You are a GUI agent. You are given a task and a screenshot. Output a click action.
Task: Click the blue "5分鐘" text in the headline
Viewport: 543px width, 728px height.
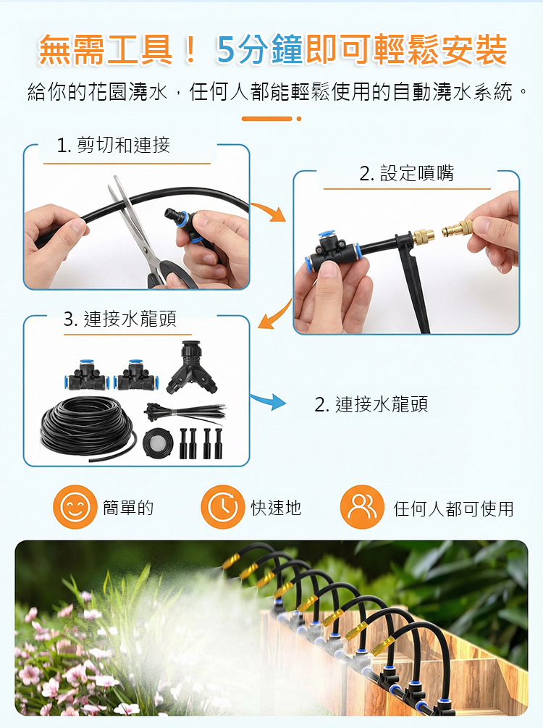point(259,49)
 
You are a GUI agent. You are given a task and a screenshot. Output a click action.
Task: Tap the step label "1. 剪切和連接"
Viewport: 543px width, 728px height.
point(113,146)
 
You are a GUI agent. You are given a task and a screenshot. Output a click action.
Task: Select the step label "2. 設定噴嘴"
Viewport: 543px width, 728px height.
point(407,173)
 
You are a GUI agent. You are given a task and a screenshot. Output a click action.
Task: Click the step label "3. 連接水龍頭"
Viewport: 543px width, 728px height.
point(119,319)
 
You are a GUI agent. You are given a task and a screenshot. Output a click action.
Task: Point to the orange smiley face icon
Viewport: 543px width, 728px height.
point(75,507)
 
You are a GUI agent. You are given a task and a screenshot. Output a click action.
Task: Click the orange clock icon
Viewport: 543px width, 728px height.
point(223,507)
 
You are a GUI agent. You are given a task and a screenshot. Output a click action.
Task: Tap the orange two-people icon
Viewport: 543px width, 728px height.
point(362,507)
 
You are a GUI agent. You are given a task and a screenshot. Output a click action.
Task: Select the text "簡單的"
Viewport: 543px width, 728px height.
point(128,508)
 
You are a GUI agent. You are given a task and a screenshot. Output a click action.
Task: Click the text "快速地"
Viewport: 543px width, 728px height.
point(276,508)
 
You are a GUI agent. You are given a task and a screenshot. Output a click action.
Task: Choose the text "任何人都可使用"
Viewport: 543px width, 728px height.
point(453,509)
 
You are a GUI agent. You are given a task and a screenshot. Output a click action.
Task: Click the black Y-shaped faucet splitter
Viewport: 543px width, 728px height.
point(192,367)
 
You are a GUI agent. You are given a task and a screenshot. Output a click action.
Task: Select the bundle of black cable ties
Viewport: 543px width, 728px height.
point(185,412)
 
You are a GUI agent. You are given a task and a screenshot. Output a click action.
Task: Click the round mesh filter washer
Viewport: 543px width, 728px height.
point(158,442)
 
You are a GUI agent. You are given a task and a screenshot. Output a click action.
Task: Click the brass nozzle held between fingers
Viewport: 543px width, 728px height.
point(458,228)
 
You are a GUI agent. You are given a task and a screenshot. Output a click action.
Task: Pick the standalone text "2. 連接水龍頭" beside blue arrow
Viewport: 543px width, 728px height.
point(371,404)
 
